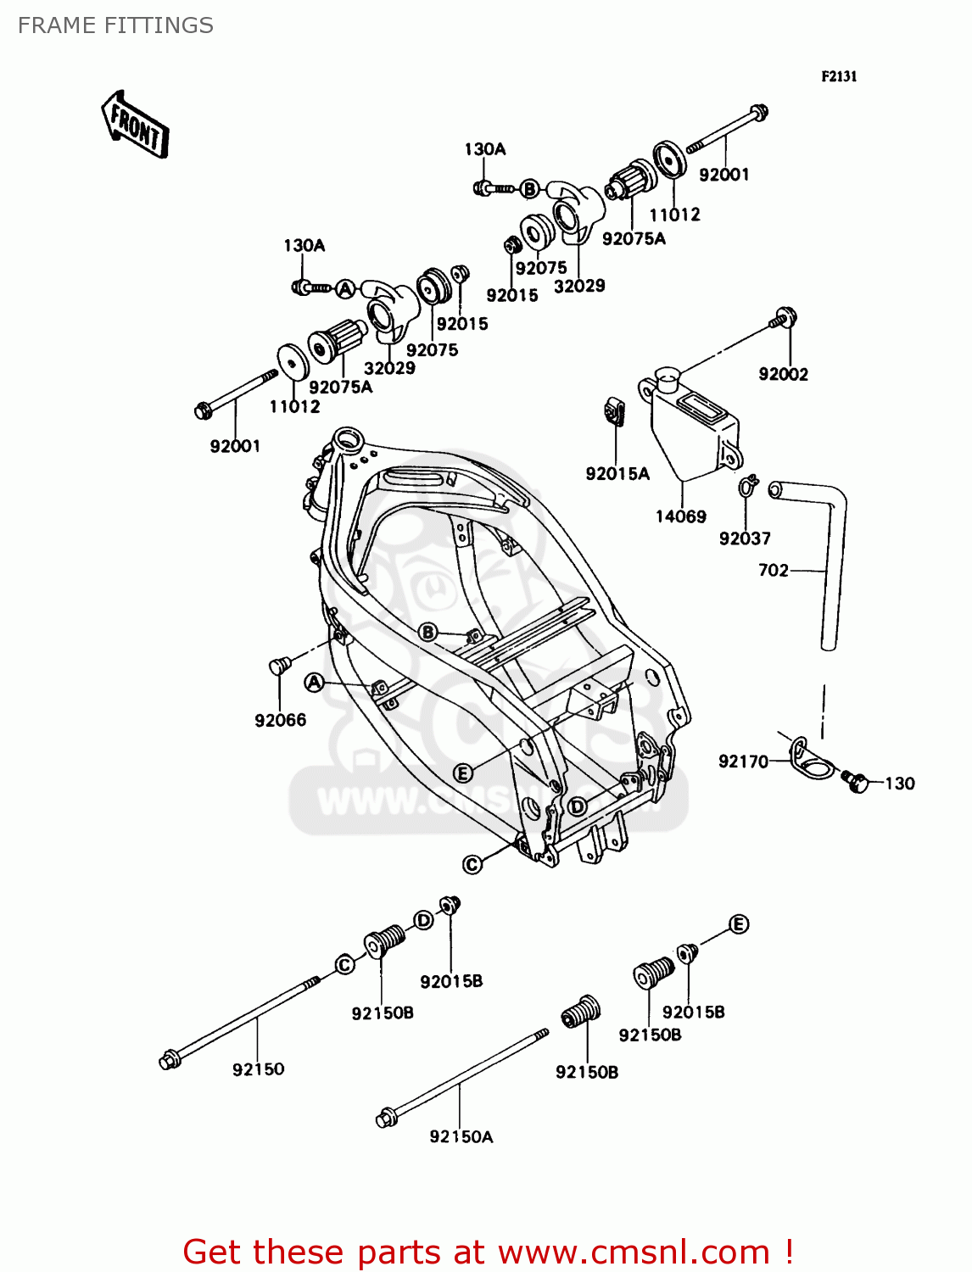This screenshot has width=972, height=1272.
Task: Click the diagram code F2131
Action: tap(839, 76)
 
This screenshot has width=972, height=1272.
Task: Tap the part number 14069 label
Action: tap(680, 516)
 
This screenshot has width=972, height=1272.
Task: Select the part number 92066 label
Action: tap(280, 720)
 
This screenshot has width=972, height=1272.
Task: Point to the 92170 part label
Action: tap(743, 762)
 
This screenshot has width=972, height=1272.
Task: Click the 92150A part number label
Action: tap(461, 1136)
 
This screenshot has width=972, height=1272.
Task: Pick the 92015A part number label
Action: tap(617, 474)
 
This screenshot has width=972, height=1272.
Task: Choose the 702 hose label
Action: tap(773, 571)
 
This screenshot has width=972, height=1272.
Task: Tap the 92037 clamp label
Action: tap(744, 538)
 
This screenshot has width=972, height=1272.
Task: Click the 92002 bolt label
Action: tap(783, 374)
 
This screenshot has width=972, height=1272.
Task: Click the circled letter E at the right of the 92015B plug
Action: tap(739, 924)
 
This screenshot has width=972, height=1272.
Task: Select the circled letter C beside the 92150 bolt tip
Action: tap(344, 965)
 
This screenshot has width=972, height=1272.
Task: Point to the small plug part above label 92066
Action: tap(279, 665)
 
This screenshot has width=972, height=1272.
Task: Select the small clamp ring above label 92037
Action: tap(746, 486)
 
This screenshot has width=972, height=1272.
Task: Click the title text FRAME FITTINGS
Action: tap(115, 25)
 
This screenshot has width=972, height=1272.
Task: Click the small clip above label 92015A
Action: tap(616, 411)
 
